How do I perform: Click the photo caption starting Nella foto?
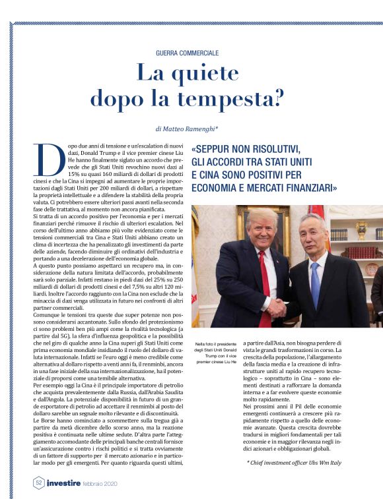click(215, 353)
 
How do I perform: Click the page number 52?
click(39, 483)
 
